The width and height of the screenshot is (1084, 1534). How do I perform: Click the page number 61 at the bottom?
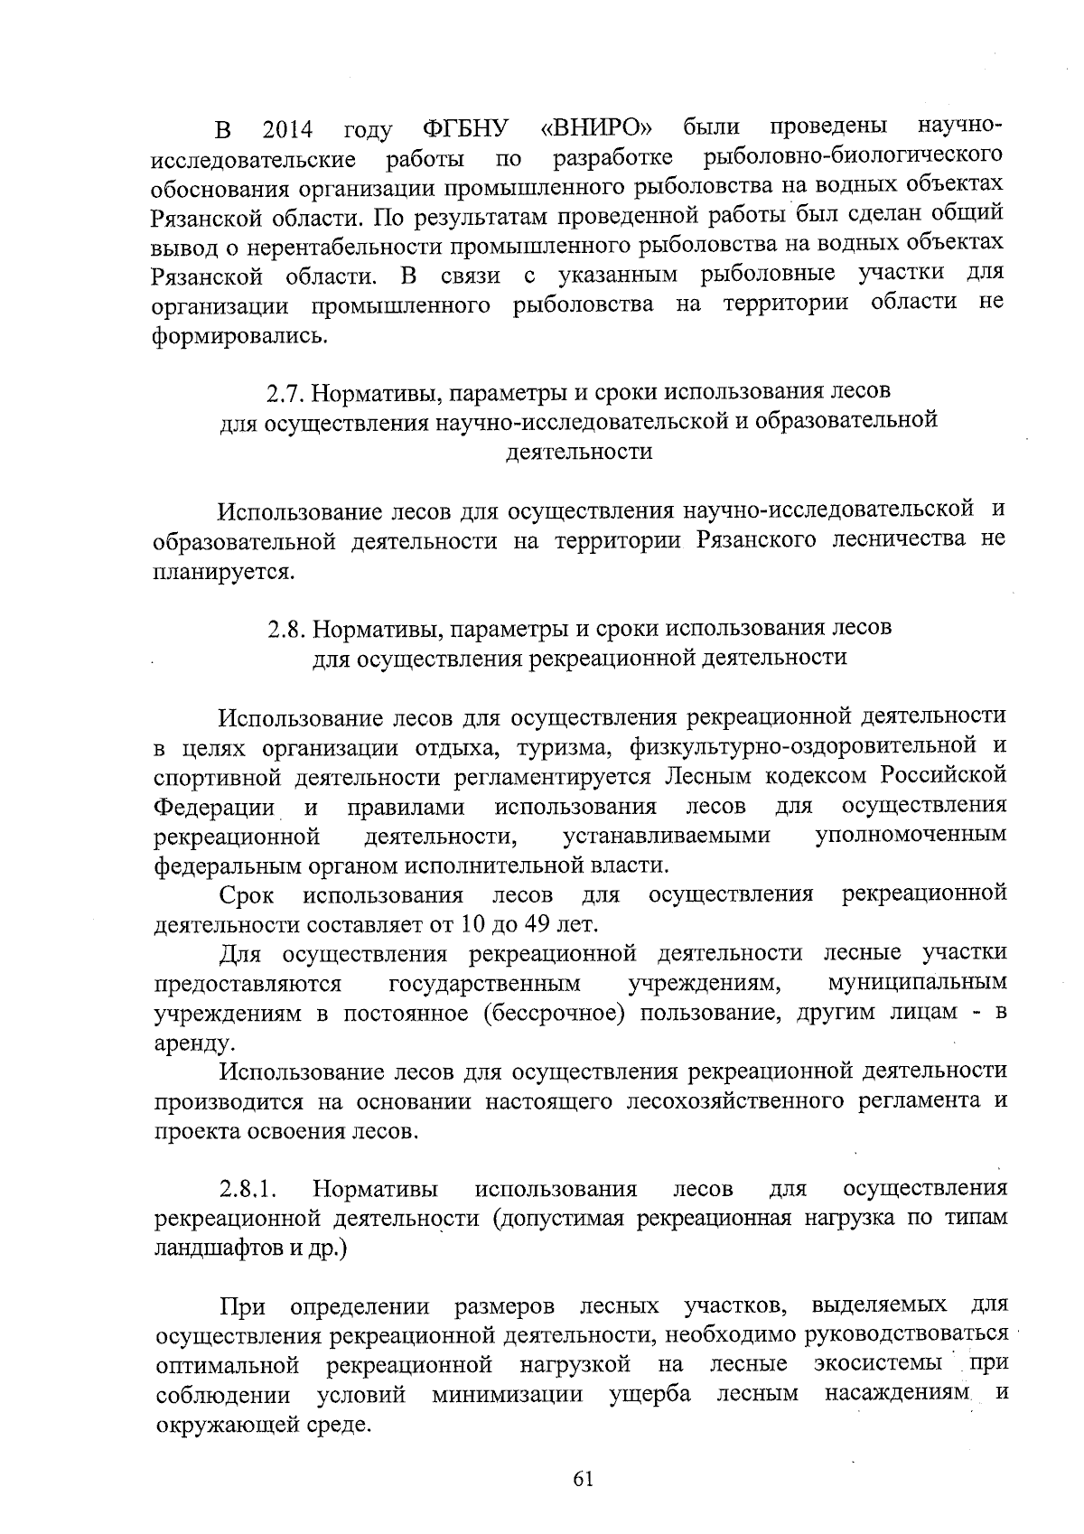[582, 1479]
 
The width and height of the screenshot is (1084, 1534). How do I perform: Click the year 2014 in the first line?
[287, 131]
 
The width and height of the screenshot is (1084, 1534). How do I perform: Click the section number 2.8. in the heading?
[291, 628]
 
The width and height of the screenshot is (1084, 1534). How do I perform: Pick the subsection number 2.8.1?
[248, 1188]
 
